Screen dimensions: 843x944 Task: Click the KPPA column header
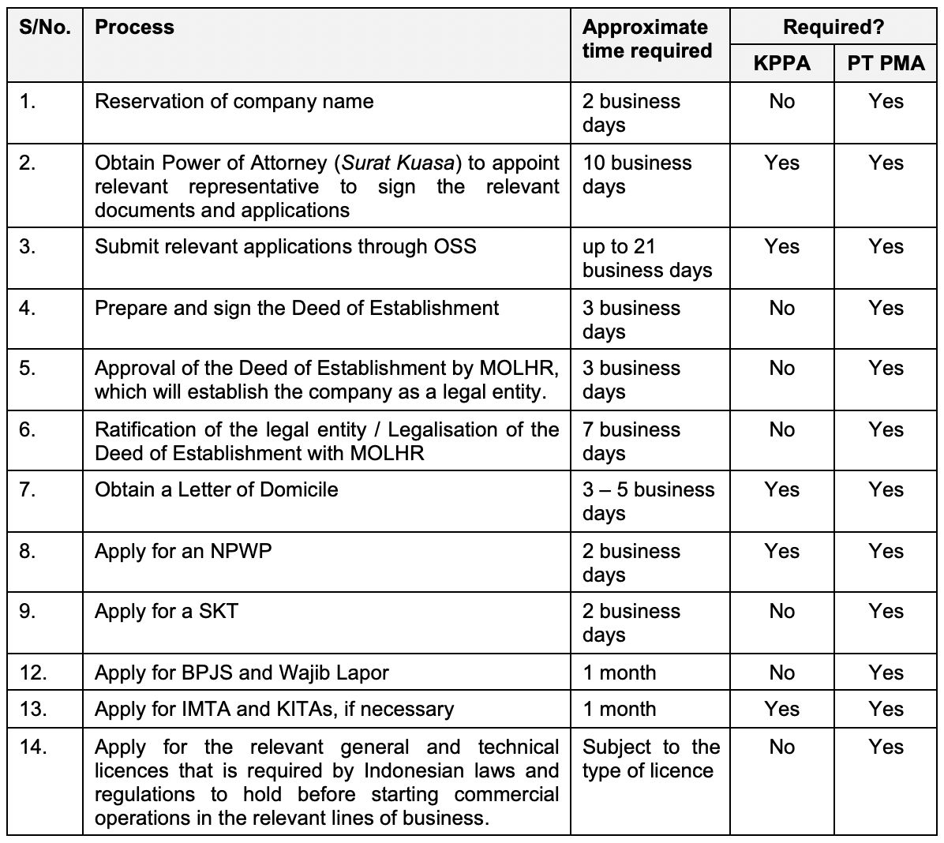tap(781, 63)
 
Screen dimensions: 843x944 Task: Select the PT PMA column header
tap(886, 63)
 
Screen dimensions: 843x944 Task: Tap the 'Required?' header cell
tap(833, 27)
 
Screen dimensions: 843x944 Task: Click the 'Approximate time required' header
tap(646, 39)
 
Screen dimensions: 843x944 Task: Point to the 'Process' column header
tap(134, 27)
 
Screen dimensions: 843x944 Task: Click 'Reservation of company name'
tap(234, 102)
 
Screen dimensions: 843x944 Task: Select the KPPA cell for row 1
tap(781, 102)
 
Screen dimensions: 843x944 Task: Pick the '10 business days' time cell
tap(636, 174)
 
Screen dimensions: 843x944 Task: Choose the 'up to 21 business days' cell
tap(646, 258)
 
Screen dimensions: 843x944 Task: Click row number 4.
tap(28, 309)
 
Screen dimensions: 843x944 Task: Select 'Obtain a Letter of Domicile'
tap(216, 490)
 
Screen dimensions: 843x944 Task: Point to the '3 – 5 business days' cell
tap(648, 501)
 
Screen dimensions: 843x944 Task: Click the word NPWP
tap(241, 552)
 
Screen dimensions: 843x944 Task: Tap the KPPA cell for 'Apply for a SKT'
tap(781, 612)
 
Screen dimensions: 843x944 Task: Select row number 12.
tap(33, 673)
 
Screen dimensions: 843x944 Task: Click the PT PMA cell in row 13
tap(886, 710)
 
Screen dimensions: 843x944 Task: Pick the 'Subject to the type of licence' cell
tap(650, 759)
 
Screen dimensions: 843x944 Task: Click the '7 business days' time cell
tap(631, 441)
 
